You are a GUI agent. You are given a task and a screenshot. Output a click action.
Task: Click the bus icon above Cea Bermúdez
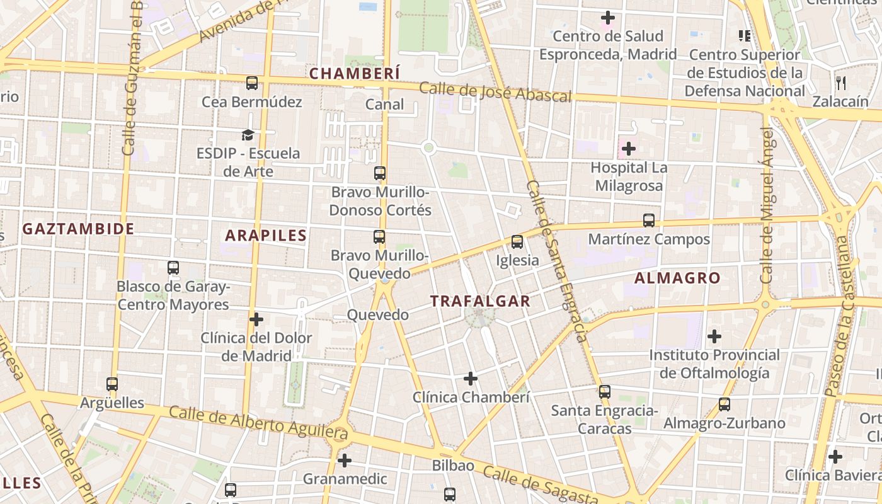pos(252,83)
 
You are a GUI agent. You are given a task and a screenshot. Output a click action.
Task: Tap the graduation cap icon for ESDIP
pos(248,135)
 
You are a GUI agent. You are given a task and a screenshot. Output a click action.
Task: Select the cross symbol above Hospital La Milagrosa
pos(628,149)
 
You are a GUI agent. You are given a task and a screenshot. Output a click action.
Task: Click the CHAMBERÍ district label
pos(355,74)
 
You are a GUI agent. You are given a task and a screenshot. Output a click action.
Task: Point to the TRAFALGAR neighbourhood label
pos(481,301)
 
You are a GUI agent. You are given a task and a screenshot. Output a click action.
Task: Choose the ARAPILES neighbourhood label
pos(266,236)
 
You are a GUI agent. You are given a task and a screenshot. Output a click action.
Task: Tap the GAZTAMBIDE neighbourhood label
pos(79,229)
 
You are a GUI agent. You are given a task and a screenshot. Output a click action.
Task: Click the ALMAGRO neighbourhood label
pos(677,278)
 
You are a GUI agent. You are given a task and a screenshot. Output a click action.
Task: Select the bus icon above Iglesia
pos(517,241)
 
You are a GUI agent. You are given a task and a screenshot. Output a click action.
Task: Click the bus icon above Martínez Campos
pos(649,220)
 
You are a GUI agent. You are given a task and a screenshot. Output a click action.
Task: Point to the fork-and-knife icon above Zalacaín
pos(841,83)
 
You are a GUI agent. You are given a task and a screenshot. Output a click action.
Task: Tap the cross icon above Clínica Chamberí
pos(471,379)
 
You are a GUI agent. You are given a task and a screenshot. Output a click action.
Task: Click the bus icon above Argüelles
pos(112,384)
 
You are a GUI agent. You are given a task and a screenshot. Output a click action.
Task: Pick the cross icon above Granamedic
pos(344,461)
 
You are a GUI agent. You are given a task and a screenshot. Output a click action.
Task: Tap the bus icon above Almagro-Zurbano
pos(724,404)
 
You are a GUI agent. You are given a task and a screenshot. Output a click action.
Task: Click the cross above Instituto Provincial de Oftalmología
pos(714,336)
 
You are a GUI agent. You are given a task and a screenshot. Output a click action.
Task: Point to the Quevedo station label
pos(378,315)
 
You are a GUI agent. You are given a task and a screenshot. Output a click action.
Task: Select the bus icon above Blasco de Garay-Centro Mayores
pos(173,268)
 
